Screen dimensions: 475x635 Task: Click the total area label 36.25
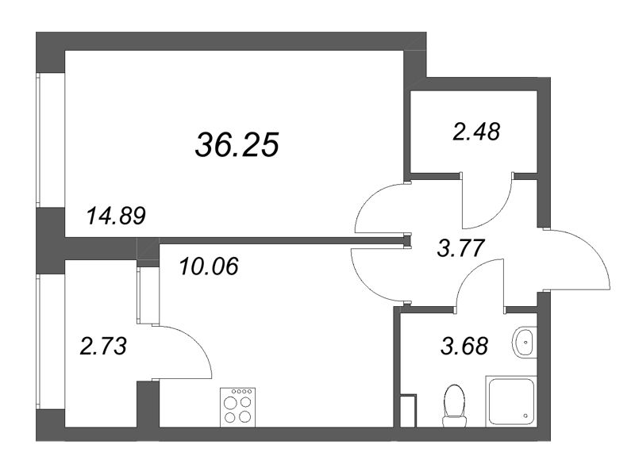tap(237, 144)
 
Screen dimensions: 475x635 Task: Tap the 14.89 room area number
tap(117, 216)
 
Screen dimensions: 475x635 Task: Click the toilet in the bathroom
tap(454, 404)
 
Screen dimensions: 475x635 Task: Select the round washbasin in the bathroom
tap(524, 343)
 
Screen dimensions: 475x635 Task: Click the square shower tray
tap(512, 401)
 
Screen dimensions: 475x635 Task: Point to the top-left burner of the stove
tap(231, 401)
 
